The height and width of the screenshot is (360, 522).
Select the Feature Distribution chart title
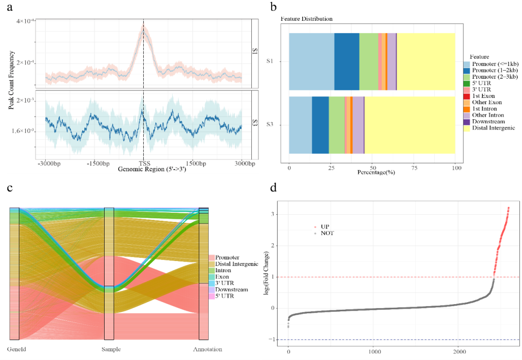pos(307,19)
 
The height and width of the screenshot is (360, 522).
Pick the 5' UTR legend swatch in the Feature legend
pos(467,83)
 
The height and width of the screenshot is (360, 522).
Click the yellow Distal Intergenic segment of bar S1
pos(426,61)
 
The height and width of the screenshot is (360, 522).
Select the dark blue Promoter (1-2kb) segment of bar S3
pos(320,124)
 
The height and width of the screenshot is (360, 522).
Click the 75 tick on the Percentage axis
pos(414,168)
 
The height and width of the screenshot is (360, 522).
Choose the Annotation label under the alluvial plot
pos(207,349)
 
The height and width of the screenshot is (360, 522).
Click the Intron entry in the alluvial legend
pos(223,270)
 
